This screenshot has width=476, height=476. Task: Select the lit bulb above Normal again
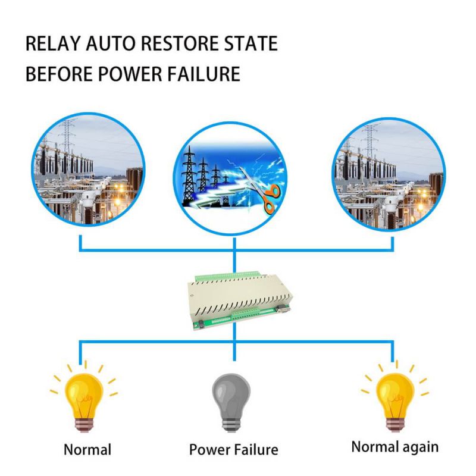pyautogui.click(x=393, y=393)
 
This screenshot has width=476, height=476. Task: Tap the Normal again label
pyautogui.click(x=395, y=446)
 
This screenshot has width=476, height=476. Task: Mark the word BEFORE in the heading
pyautogui.click(x=54, y=74)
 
